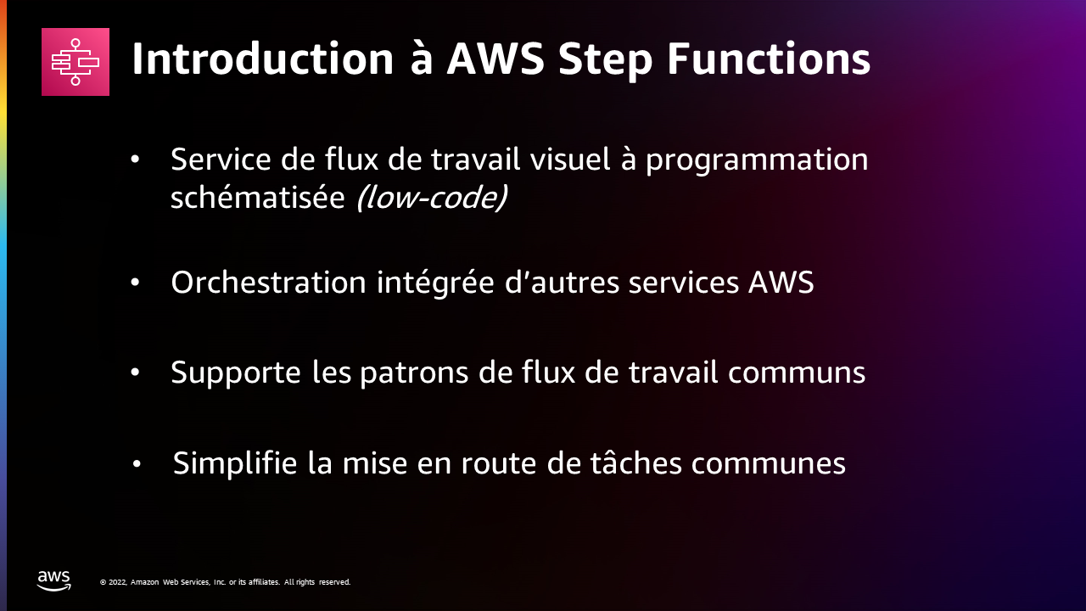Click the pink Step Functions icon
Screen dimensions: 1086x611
pos(76,62)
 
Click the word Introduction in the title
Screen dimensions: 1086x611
pos(262,59)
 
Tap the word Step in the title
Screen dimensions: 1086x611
pos(606,60)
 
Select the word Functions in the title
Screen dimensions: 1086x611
pos(769,59)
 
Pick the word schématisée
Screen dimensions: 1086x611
pos(257,198)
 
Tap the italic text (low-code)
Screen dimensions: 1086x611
pos(432,198)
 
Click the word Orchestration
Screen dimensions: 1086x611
pos(268,283)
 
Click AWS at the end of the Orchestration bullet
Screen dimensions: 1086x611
pos(781,283)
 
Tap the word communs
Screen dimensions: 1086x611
pos(796,373)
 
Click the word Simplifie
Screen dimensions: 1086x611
pos(235,464)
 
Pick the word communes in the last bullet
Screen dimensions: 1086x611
pos(769,464)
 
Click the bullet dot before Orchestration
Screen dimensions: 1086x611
pos(135,283)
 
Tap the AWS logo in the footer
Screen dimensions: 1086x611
pos(53,581)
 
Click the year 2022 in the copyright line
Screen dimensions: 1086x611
pos(117,582)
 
